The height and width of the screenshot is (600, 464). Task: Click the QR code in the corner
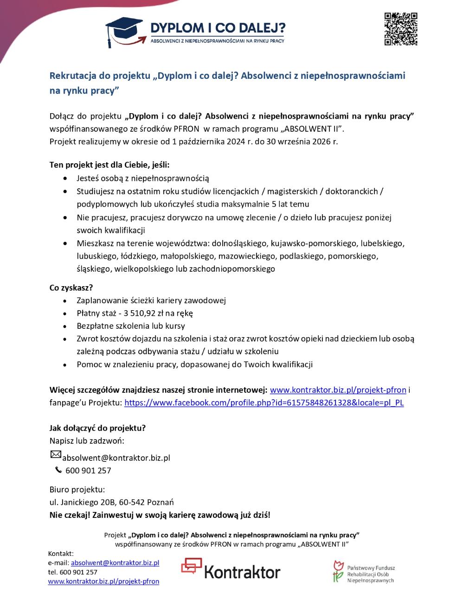(x=401, y=29)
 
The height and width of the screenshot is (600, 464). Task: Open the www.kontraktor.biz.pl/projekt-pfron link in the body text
(x=338, y=389)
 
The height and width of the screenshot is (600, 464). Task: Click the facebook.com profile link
(x=264, y=402)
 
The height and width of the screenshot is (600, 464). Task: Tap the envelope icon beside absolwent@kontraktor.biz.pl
(x=55, y=455)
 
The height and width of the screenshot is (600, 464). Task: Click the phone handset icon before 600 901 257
(x=58, y=470)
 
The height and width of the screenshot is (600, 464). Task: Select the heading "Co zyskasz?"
(x=71, y=287)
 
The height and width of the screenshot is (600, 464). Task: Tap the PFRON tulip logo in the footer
(x=338, y=571)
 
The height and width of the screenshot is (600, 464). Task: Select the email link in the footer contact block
(x=115, y=563)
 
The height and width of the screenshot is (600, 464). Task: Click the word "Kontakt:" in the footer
(x=61, y=553)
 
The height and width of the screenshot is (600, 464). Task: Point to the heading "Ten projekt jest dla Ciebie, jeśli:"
(x=110, y=165)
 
